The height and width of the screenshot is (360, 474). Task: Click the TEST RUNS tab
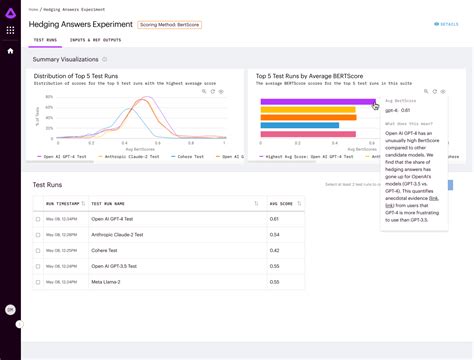[x=44, y=40]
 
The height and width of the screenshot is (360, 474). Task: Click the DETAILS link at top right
[x=446, y=23]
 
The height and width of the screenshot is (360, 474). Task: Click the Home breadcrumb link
[x=31, y=9]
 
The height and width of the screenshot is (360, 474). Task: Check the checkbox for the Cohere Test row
[x=38, y=250]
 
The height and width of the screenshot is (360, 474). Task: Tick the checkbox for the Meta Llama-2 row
[x=38, y=282]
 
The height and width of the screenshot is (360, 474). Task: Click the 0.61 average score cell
[x=274, y=218]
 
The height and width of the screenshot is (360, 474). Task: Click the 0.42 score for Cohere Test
[x=274, y=250]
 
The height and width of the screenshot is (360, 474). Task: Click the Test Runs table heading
[x=51, y=185]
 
